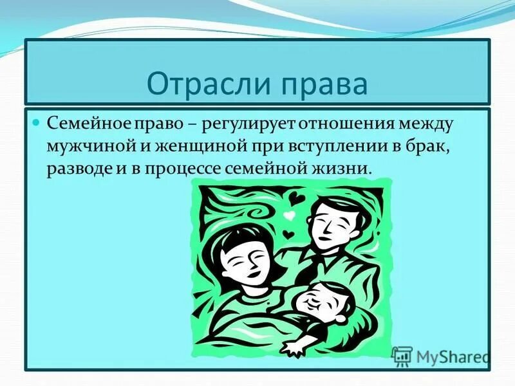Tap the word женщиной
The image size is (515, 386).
(182, 145)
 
